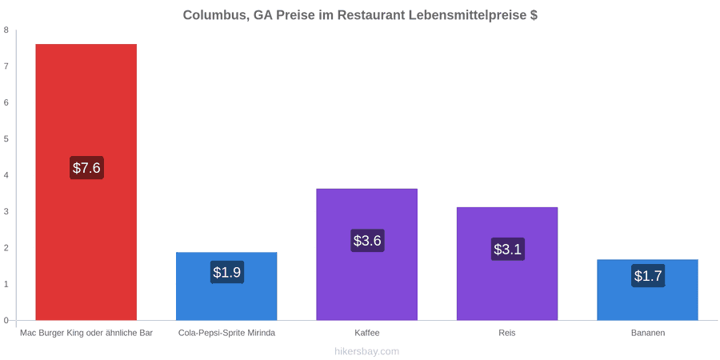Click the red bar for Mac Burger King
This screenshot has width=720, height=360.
coord(86,182)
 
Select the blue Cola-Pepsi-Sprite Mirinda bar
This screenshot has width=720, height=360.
coord(226,286)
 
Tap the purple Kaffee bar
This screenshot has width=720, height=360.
coord(367,254)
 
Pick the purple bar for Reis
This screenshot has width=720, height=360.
coord(507,263)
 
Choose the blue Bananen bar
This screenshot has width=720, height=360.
coord(647,290)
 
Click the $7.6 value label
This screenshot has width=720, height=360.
coord(86,168)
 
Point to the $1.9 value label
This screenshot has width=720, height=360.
coord(227,272)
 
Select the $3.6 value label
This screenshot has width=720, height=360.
coord(367,240)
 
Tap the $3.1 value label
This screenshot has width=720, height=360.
coord(507,250)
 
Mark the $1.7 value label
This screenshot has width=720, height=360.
coord(648,276)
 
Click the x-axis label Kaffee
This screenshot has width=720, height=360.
coord(367,333)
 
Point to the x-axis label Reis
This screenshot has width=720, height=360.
coord(507,333)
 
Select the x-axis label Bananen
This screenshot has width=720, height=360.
coord(647,333)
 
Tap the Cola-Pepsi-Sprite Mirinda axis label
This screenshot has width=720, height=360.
coord(227,333)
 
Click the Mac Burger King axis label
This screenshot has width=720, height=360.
coord(86,333)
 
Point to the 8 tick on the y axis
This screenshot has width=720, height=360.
coord(6,30)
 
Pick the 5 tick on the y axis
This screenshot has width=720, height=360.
coord(6,139)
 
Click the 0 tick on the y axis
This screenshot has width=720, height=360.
coord(6,321)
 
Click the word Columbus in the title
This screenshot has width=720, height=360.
coord(217,16)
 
